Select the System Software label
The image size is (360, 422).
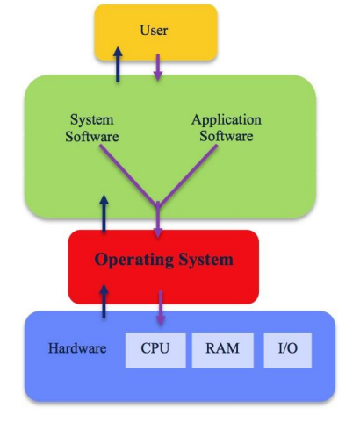click(92, 128)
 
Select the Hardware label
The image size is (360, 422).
click(77, 348)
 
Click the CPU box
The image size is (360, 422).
click(155, 349)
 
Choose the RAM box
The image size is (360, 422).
click(221, 349)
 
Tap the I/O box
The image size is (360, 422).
click(287, 349)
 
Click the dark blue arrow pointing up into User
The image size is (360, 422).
click(117, 65)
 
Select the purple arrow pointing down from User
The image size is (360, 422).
click(157, 68)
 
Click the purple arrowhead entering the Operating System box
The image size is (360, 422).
click(158, 231)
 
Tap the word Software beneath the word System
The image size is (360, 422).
click(92, 137)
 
